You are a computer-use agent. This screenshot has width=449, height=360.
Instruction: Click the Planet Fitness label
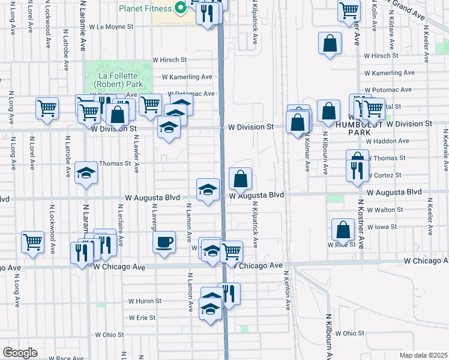coord(145,8)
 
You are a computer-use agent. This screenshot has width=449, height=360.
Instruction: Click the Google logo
coord(20,353)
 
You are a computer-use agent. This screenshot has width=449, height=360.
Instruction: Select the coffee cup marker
coord(164,242)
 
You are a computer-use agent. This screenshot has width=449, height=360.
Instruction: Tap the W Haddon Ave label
coord(387,141)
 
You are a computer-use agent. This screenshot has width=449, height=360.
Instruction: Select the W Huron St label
coord(145,301)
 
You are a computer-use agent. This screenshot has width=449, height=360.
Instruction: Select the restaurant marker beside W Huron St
coord(229,293)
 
